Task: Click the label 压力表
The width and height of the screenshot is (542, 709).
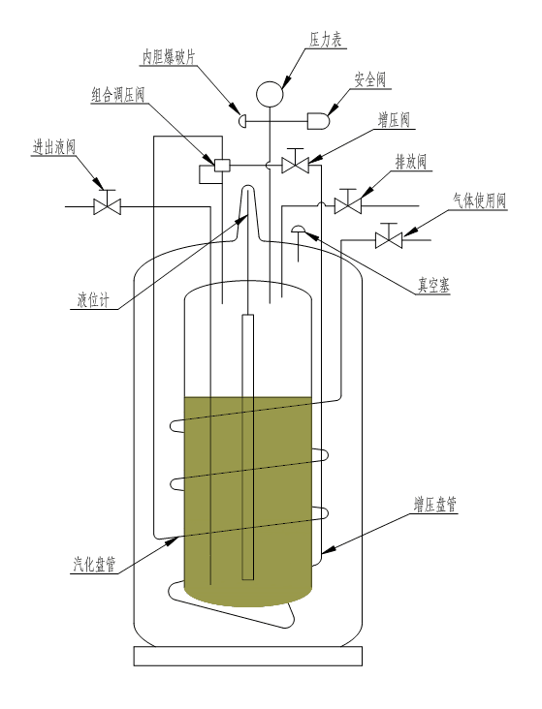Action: tap(325, 40)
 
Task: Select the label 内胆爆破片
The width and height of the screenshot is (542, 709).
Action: tap(169, 57)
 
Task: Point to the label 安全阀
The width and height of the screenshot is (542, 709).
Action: tap(370, 79)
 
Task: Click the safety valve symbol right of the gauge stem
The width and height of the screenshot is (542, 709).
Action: tap(318, 121)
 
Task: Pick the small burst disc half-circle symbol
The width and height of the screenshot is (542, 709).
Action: tap(242, 121)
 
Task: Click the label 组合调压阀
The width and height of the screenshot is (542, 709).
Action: tap(117, 95)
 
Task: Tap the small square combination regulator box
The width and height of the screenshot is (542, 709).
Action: tap(222, 166)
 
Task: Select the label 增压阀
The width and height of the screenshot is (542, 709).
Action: tap(394, 120)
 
